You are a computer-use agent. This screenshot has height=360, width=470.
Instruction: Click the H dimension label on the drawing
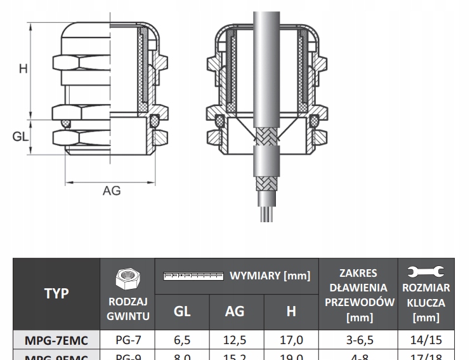[x=23, y=68]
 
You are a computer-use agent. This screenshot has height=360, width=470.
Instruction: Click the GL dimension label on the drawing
[x=21, y=137]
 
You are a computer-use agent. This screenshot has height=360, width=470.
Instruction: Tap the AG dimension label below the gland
[x=111, y=190]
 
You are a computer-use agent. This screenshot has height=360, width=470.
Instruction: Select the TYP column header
[x=56, y=294]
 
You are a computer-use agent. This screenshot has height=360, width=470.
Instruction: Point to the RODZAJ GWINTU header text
[x=127, y=308]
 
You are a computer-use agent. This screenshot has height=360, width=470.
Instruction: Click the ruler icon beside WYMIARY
[x=193, y=276]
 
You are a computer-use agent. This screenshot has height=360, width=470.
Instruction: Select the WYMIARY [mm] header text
[x=270, y=276]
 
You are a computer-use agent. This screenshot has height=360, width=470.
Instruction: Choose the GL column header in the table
[x=182, y=311]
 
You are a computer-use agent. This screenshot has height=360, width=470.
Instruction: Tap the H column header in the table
[x=291, y=311]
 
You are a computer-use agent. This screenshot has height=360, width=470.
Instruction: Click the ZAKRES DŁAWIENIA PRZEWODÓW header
[x=358, y=294]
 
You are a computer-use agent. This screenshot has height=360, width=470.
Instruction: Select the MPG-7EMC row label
[x=56, y=340]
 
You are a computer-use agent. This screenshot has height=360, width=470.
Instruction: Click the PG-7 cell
[x=127, y=340]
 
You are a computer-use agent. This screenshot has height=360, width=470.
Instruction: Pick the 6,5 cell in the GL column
[x=182, y=340]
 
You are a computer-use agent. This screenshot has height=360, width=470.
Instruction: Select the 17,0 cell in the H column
[x=291, y=340]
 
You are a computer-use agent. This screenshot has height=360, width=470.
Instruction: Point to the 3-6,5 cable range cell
[x=358, y=340]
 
